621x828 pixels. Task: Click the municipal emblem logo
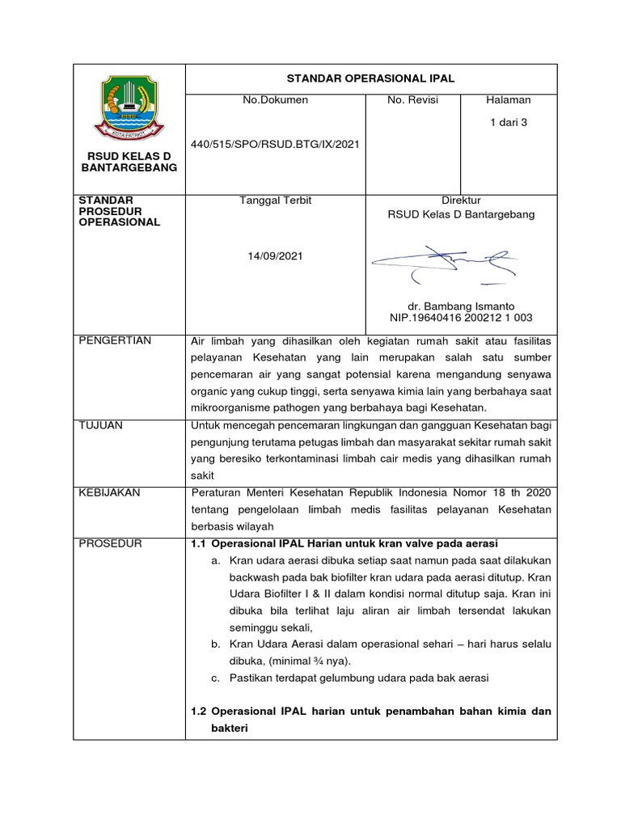click(129, 105)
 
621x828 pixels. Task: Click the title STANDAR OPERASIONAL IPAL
click(371, 78)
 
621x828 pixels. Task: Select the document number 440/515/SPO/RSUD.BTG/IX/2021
click(275, 145)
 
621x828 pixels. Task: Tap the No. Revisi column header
click(412, 100)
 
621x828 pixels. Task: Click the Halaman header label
click(509, 100)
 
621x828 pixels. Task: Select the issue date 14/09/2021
click(275, 256)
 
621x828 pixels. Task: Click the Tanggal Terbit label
click(275, 201)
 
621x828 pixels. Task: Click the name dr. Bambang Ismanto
click(461, 306)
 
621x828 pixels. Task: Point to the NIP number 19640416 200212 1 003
click(461, 319)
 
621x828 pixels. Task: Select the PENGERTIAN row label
click(114, 340)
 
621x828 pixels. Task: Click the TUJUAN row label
click(100, 425)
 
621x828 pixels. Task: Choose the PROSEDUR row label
click(110, 543)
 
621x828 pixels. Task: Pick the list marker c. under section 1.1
click(216, 678)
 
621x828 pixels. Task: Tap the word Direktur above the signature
click(461, 201)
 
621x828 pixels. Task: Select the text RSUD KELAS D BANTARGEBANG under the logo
click(129, 161)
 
